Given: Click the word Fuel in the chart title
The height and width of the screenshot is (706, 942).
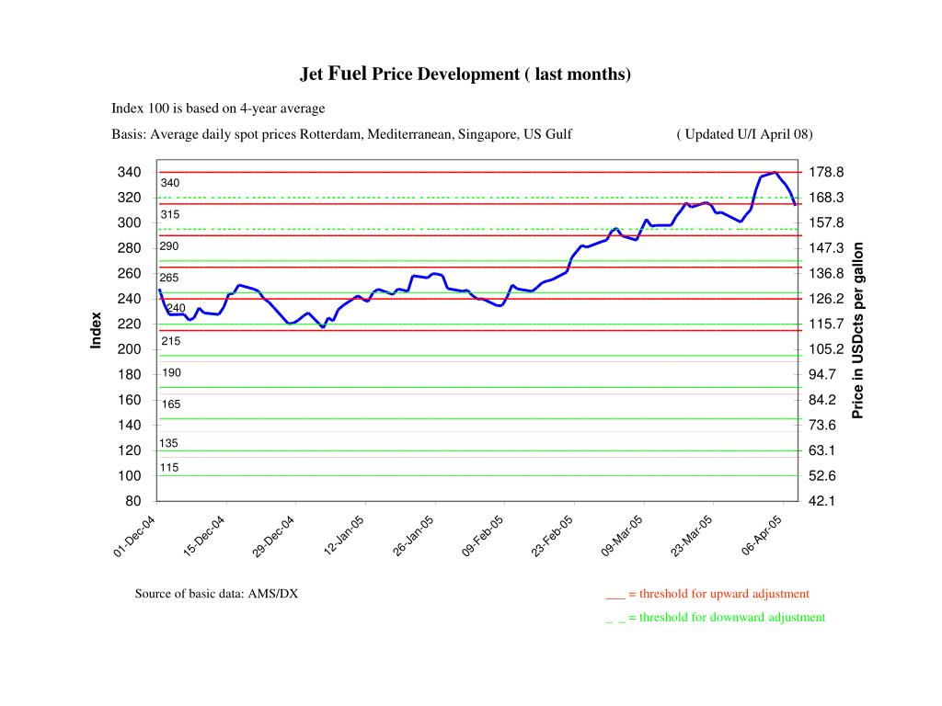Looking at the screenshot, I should click(348, 74).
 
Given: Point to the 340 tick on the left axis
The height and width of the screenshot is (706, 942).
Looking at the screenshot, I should click(129, 173).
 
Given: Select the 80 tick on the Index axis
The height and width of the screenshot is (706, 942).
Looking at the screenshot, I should click(133, 501).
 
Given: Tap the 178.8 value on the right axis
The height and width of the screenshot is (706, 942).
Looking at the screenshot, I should click(826, 173).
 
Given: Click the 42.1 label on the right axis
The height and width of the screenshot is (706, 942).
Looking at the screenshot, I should click(822, 501).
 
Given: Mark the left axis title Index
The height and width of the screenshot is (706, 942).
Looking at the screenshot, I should click(96, 331).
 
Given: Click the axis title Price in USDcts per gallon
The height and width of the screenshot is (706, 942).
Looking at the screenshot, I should click(858, 330).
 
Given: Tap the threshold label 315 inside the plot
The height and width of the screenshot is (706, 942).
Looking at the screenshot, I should click(170, 214).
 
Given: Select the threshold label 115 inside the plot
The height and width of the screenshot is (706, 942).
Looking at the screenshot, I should click(169, 467).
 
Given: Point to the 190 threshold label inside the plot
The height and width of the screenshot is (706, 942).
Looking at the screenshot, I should click(171, 372).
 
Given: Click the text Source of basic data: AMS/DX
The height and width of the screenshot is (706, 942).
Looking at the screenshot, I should click(216, 594).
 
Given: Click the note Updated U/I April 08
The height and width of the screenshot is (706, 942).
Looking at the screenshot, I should click(744, 134).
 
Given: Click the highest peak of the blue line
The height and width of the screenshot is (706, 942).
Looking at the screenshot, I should click(775, 172).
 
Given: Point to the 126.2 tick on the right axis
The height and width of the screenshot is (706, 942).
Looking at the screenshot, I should click(826, 299).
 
